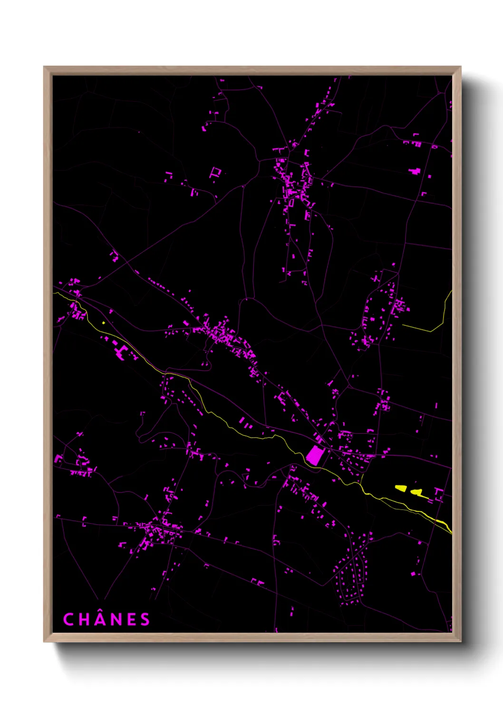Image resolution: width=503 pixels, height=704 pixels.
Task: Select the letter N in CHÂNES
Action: tap(116, 619)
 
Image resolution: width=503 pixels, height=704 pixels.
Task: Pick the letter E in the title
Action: tap(131, 619)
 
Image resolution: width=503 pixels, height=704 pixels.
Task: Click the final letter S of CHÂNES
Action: tap(145, 619)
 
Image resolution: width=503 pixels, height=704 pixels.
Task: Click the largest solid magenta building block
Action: tap(314, 455)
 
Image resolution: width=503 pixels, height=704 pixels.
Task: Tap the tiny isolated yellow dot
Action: tap(103, 323)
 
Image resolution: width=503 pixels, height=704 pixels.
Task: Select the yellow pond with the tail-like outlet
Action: tap(418, 492)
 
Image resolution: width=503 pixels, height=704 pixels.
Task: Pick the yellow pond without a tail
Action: tap(401, 488)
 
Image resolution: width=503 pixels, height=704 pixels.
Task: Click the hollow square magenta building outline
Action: tap(215, 172)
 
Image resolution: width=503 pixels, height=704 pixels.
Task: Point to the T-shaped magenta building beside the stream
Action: tap(120, 352)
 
